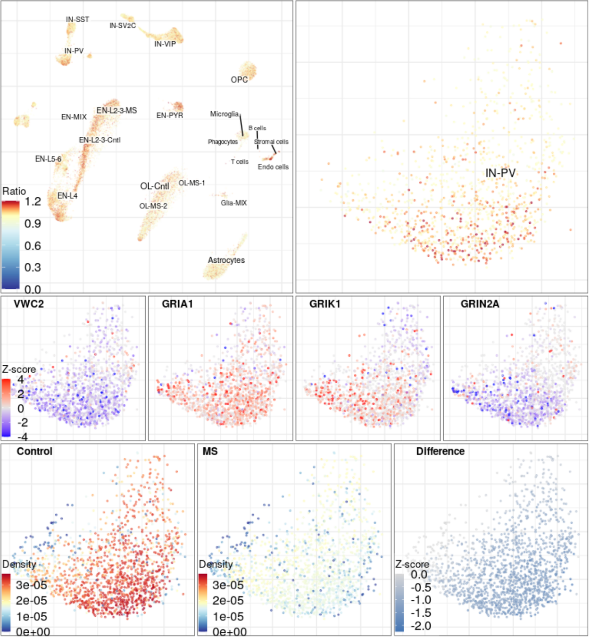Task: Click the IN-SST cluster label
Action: point(77,19)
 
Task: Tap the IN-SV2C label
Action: point(123,25)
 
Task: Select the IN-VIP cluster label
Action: point(165,44)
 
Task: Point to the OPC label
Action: point(239,80)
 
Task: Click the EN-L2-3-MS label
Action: point(116,110)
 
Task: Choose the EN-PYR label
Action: point(170,115)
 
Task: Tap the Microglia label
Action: point(224,114)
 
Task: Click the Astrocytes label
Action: point(226,260)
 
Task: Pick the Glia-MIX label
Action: point(233,203)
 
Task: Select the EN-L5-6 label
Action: point(48,159)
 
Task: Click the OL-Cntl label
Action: point(155,186)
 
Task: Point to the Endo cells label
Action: point(273,167)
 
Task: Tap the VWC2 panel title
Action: point(29,304)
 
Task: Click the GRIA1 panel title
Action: point(177,304)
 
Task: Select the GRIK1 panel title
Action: point(324,304)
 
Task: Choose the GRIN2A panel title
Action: point(480,304)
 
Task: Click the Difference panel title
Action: point(440,452)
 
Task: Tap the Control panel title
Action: point(34,452)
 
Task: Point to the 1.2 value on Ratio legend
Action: point(33,202)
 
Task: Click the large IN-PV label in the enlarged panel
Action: point(500,173)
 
